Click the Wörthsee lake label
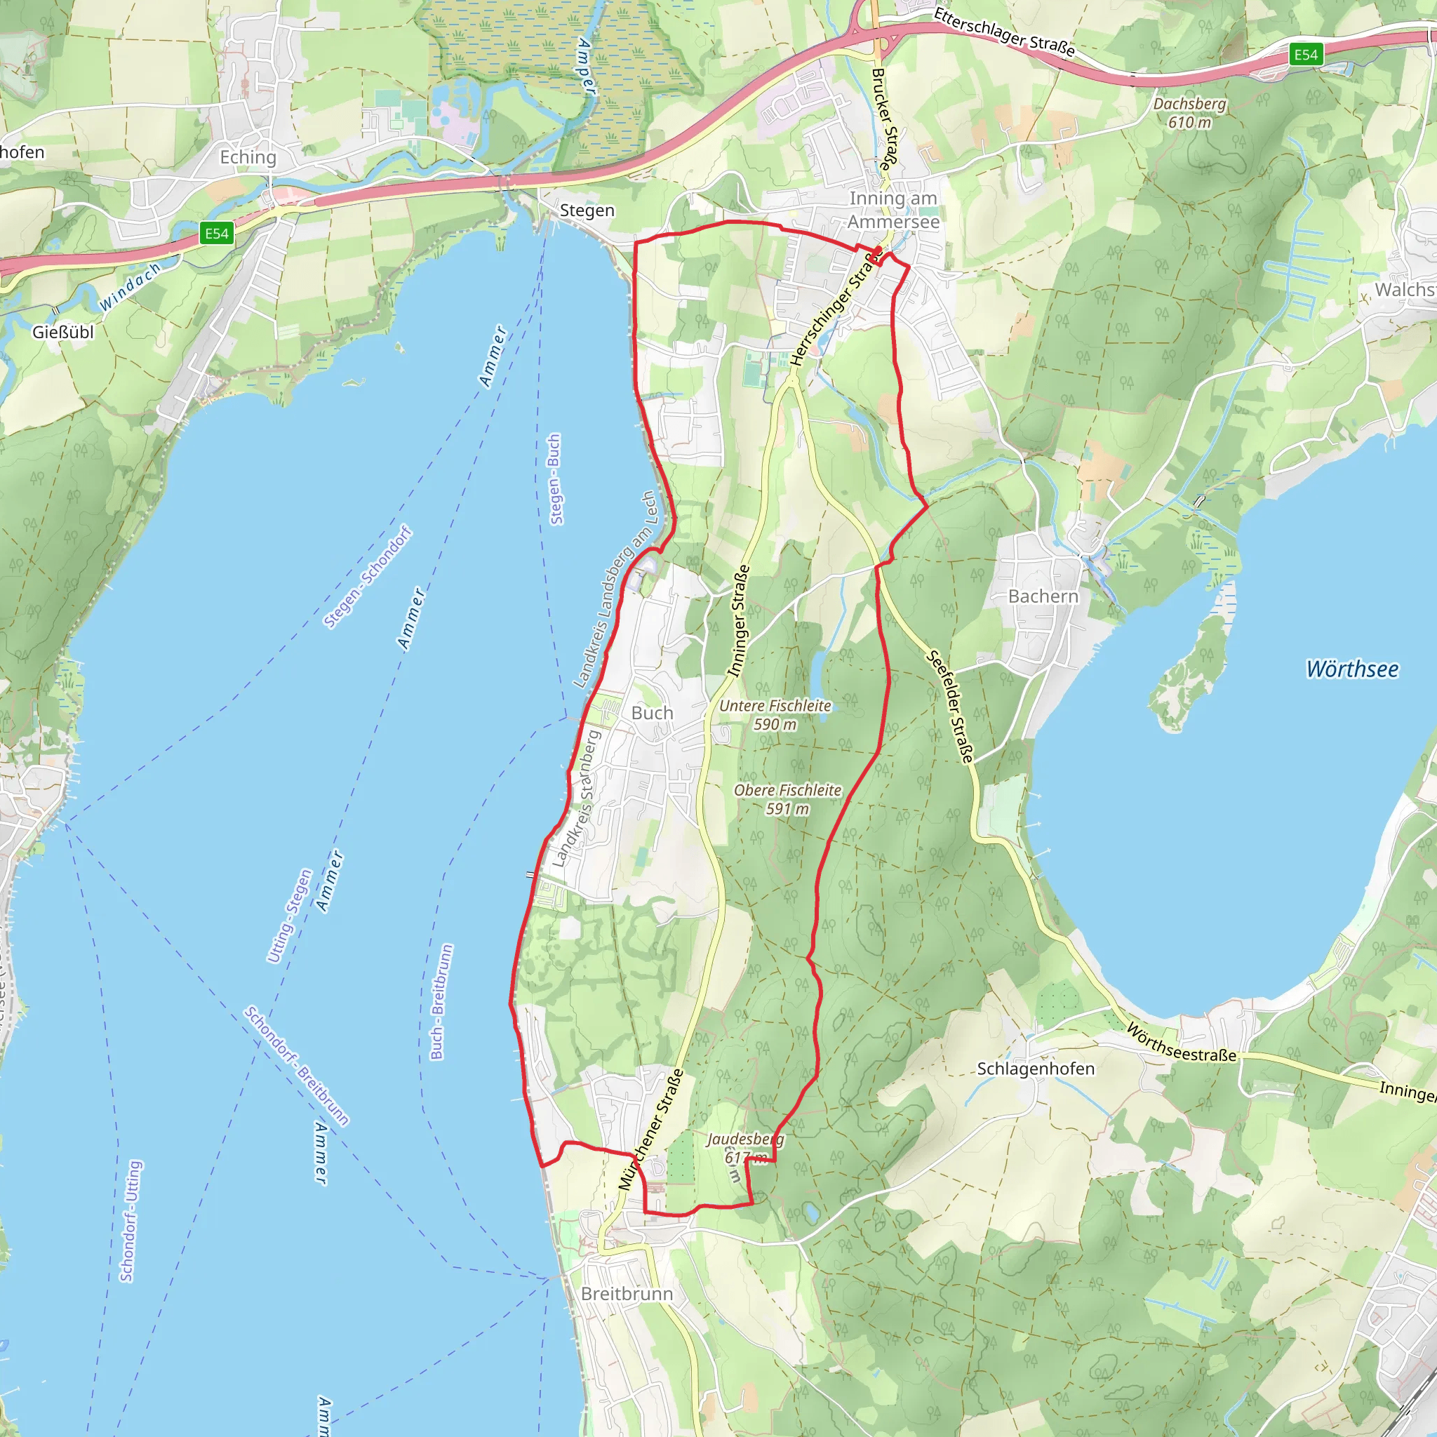point(1352,669)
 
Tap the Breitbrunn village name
point(627,1293)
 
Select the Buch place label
point(652,713)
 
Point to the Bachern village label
point(1043,596)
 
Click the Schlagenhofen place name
point(1036,1069)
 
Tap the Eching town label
point(248,157)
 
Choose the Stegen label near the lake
point(587,210)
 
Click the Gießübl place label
point(63,332)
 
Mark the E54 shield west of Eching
point(216,234)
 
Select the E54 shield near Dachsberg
point(1305,54)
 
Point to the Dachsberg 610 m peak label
point(1189,113)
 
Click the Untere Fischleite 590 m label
point(775,715)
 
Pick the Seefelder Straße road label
point(950,707)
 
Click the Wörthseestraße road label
point(1181,1043)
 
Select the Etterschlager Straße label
point(1004,32)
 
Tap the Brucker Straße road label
point(882,119)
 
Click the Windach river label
point(131,286)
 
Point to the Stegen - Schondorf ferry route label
point(368,577)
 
